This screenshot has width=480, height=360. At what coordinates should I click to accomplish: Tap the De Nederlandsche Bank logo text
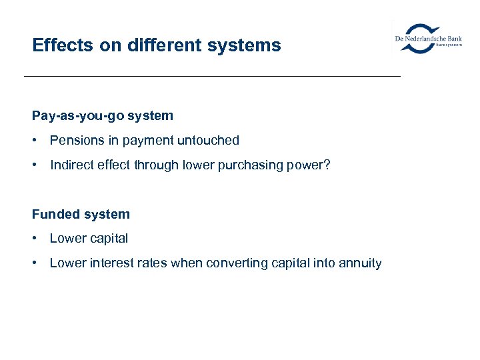coord(427,39)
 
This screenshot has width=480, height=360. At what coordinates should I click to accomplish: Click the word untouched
coord(207,141)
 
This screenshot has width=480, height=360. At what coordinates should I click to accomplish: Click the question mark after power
coord(326,165)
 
